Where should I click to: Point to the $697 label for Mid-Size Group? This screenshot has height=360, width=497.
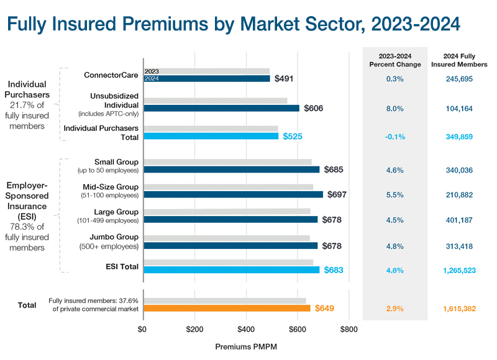click(x=335, y=194)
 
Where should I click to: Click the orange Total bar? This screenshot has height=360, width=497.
click(x=227, y=308)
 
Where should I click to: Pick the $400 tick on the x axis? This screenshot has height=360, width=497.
click(x=247, y=329)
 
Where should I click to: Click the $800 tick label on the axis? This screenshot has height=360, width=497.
click(x=349, y=329)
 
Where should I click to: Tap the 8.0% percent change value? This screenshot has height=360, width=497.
click(x=394, y=108)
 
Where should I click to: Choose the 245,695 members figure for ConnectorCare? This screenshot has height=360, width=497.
click(x=460, y=79)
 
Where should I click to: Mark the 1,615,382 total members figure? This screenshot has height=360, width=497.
click(x=460, y=308)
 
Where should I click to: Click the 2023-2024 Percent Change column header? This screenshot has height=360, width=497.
click(x=394, y=60)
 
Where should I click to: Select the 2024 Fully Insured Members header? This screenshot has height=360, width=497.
click(x=460, y=60)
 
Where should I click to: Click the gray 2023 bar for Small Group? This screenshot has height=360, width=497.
click(x=227, y=162)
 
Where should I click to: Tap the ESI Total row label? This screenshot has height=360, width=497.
click(x=121, y=267)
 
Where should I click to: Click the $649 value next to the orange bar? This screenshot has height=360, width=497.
click(x=326, y=308)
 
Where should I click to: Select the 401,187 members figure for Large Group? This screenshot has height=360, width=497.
click(x=460, y=219)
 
